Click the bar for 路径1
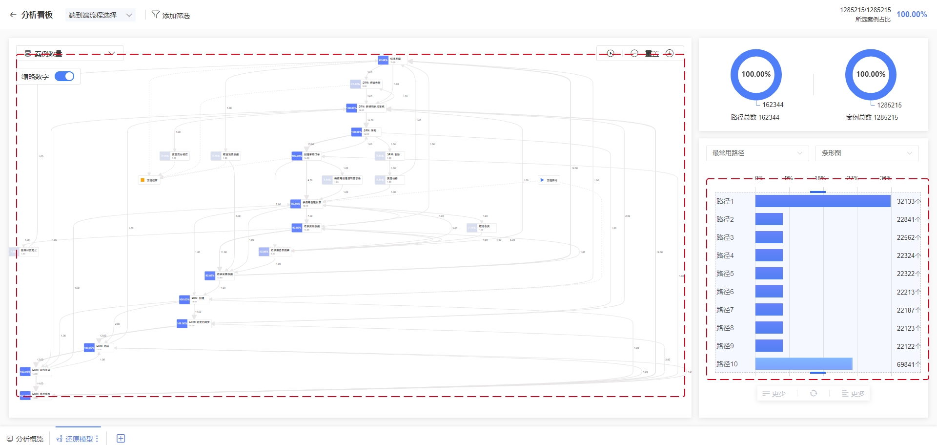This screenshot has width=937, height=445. click(822, 201)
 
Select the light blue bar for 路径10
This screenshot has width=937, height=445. click(803, 364)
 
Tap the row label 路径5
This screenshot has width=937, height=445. click(725, 274)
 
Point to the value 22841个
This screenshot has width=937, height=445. click(908, 219)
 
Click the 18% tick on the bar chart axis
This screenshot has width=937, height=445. click(820, 178)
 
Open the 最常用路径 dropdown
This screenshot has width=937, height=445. click(757, 153)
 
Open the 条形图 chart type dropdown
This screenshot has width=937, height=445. click(867, 153)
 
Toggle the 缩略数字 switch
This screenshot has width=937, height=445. click(64, 76)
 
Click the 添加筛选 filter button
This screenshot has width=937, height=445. click(171, 15)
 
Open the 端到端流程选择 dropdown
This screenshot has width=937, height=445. click(100, 15)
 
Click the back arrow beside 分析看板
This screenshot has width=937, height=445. click(13, 15)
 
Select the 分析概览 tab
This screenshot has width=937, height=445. click(25, 439)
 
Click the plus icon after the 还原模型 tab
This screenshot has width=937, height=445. click(121, 439)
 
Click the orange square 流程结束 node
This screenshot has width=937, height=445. click(143, 180)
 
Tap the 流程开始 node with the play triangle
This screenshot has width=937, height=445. click(542, 180)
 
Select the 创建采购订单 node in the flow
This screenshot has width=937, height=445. click(306, 156)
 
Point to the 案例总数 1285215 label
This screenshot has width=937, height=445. click(872, 117)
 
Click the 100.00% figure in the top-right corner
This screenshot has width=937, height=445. click(911, 15)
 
